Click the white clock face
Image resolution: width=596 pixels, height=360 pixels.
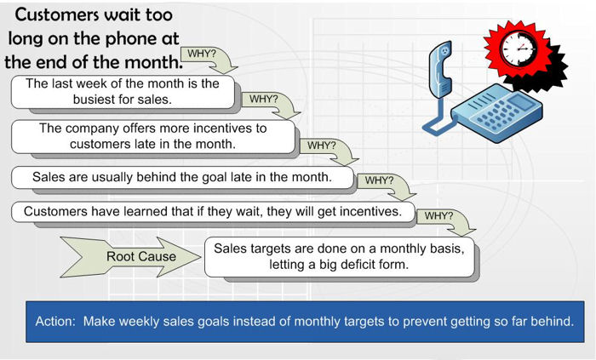(519, 49)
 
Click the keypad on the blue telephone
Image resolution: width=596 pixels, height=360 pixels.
(494, 113)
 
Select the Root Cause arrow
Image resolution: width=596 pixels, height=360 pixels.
(130, 257)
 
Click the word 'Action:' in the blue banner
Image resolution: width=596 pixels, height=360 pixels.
(56, 321)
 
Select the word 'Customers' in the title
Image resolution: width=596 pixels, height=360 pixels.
(57, 15)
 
